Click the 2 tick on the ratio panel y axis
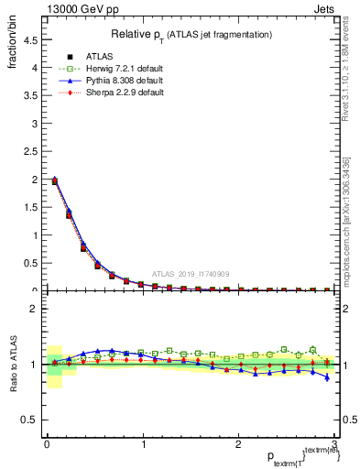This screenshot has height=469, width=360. pyautogui.click(x=34, y=309)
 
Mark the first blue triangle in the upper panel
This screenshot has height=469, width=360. pyautogui.click(x=54, y=179)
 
